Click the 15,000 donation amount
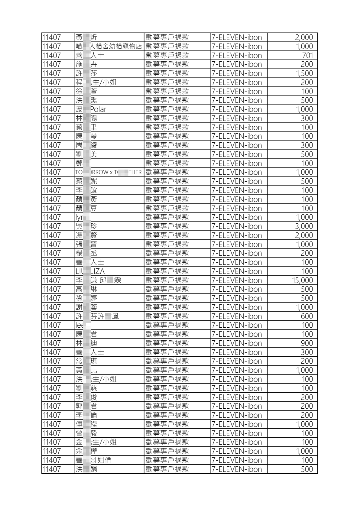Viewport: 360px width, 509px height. click(x=302, y=280)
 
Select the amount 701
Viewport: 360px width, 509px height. click(x=307, y=55)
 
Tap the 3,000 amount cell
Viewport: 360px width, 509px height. click(x=304, y=226)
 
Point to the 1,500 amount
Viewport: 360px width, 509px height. click(x=304, y=73)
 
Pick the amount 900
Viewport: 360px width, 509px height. click(x=307, y=343)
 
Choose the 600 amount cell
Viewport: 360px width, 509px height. click(x=307, y=316)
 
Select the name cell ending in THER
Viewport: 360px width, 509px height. click(x=109, y=172)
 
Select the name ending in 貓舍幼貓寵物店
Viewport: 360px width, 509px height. click(x=109, y=46)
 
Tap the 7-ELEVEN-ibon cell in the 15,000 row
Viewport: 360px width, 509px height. click(x=237, y=280)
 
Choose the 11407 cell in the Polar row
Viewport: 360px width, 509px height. click(x=52, y=109)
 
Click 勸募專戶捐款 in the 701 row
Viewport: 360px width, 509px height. click(x=167, y=55)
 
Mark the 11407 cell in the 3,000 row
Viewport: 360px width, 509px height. click(x=52, y=226)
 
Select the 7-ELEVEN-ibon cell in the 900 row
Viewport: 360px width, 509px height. click(x=237, y=343)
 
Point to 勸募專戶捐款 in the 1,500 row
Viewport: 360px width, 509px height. click(x=167, y=73)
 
